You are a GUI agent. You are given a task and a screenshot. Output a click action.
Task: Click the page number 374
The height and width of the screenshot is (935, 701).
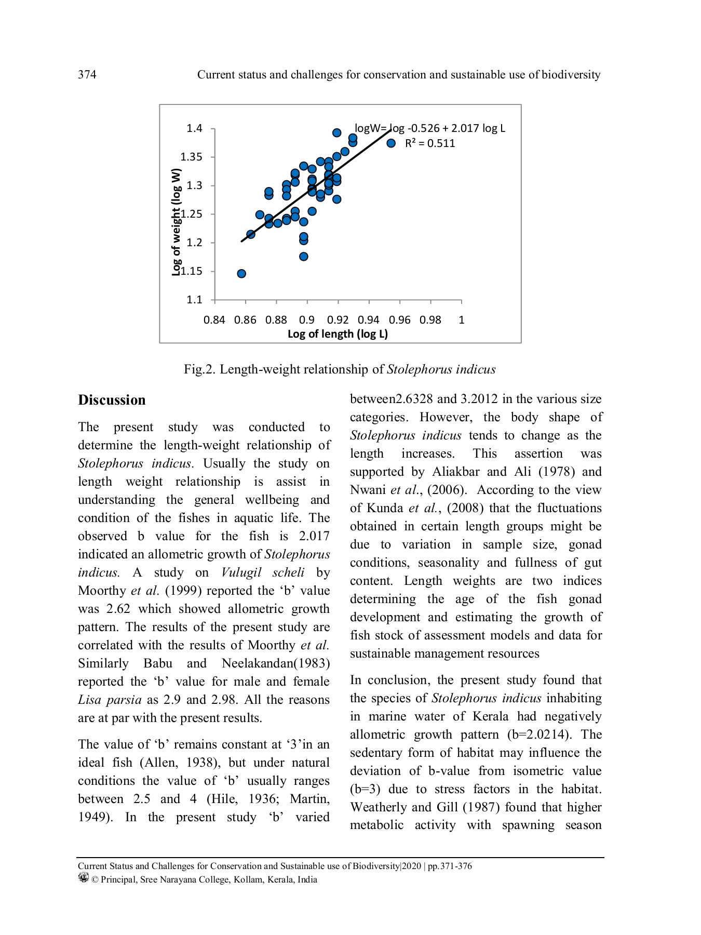click(87, 75)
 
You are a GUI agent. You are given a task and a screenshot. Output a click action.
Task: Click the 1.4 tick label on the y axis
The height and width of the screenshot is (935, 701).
click(195, 128)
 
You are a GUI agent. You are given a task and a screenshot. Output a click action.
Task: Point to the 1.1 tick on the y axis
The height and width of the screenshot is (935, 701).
click(195, 300)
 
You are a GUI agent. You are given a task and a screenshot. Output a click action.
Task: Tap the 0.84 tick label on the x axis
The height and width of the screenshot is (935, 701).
click(214, 320)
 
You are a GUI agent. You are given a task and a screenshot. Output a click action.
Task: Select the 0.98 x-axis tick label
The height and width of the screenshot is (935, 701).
click(430, 320)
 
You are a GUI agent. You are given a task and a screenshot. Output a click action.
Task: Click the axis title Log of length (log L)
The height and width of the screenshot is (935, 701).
click(338, 334)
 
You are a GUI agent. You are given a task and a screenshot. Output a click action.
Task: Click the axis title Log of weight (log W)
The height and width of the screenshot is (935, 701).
click(177, 222)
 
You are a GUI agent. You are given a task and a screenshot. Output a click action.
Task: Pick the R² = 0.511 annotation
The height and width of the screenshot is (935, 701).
click(429, 144)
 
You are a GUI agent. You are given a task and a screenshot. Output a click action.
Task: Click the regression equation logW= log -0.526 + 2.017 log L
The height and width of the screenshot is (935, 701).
click(429, 128)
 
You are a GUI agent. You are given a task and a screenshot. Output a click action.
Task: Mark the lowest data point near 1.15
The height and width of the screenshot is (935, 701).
click(241, 274)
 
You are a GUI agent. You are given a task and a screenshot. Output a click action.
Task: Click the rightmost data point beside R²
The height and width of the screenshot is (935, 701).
click(391, 143)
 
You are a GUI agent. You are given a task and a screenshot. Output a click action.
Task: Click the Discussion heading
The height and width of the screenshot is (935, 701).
click(112, 400)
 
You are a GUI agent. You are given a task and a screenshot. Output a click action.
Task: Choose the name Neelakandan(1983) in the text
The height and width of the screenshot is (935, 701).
click(275, 663)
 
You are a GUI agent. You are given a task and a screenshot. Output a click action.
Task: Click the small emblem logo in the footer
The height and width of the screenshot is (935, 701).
click(83, 878)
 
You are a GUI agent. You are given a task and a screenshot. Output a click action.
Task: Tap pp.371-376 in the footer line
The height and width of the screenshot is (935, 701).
click(449, 866)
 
